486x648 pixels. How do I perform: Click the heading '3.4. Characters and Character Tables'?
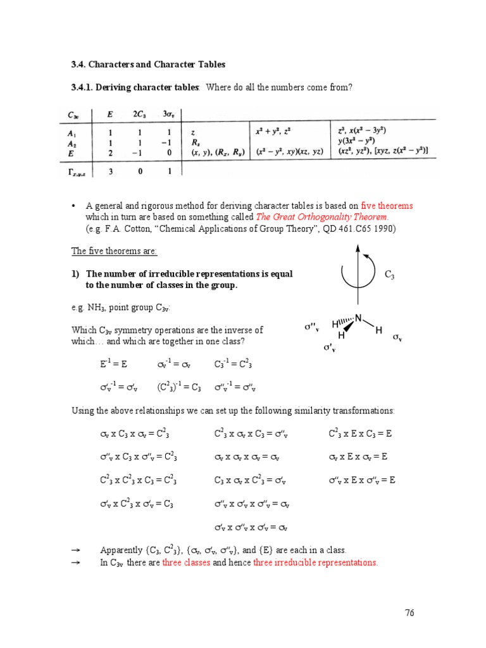click(147, 65)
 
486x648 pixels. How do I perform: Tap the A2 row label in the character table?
click(73, 142)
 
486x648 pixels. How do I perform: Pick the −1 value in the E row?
click(139, 152)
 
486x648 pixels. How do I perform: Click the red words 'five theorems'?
click(387, 206)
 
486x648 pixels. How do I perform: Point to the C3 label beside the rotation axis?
click(389, 275)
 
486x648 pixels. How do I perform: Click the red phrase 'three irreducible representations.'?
click(315, 563)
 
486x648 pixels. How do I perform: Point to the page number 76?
click(410, 613)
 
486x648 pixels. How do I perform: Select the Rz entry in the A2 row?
click(196, 142)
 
